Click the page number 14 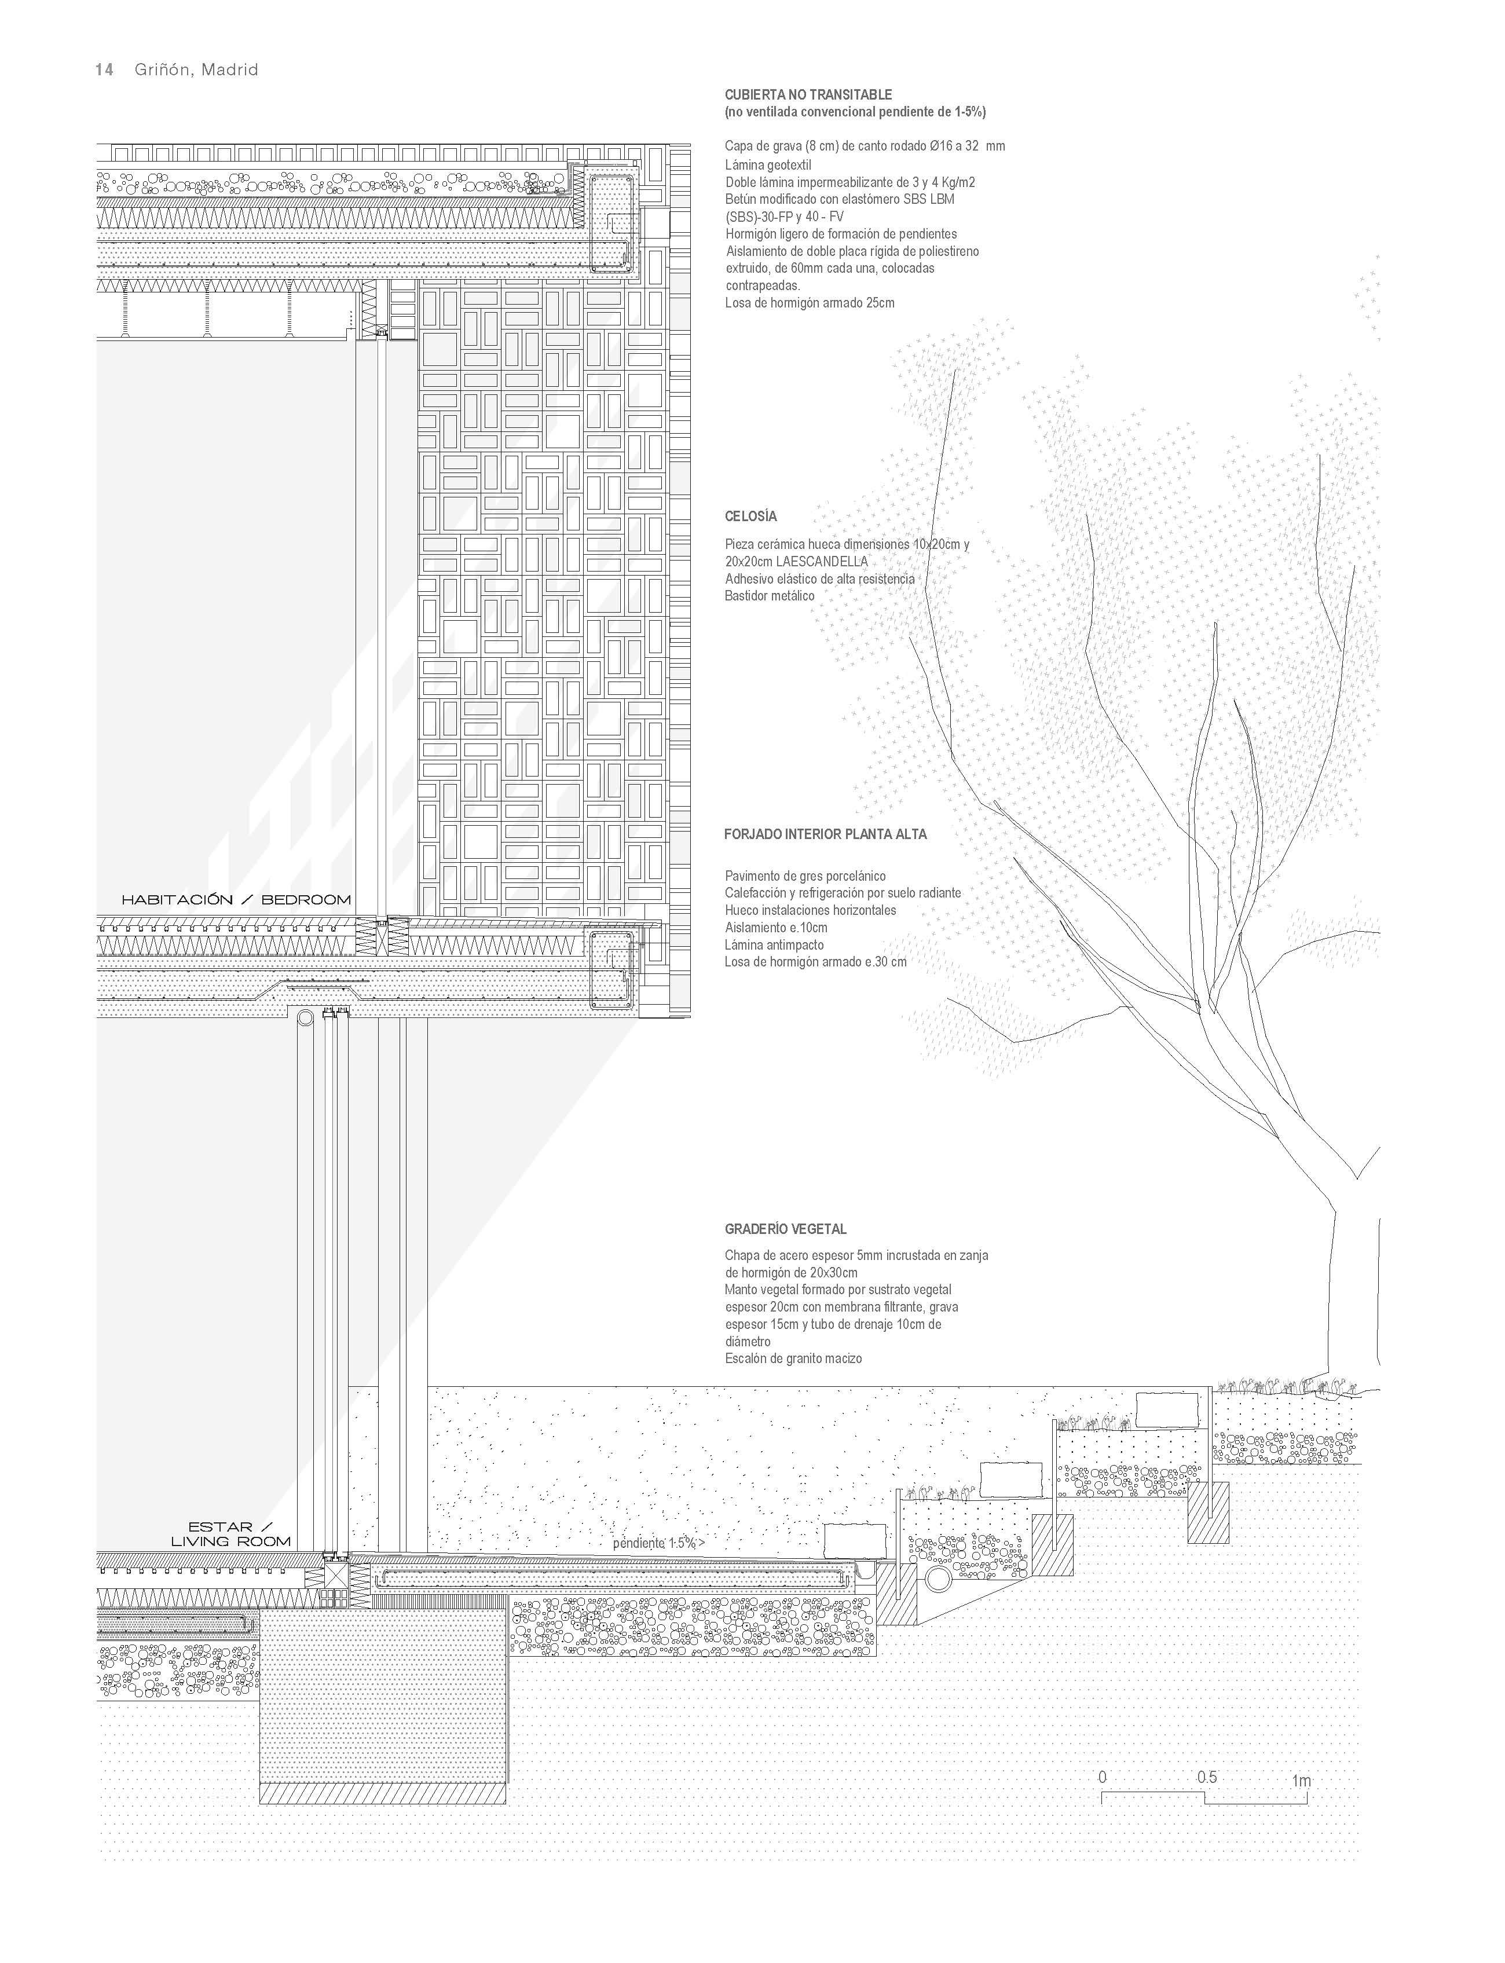click(104, 70)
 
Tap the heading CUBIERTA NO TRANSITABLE click(808, 94)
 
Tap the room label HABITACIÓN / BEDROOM click(236, 899)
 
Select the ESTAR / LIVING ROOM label click(231, 1534)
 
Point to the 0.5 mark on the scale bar click(1207, 1777)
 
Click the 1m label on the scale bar click(1301, 1780)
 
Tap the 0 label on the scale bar click(1102, 1777)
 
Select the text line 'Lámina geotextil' click(768, 165)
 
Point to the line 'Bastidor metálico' click(770, 596)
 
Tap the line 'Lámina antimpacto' click(774, 944)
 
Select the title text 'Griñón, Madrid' click(196, 70)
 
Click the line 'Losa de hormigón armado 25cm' click(809, 303)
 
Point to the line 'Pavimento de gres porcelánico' click(804, 876)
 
